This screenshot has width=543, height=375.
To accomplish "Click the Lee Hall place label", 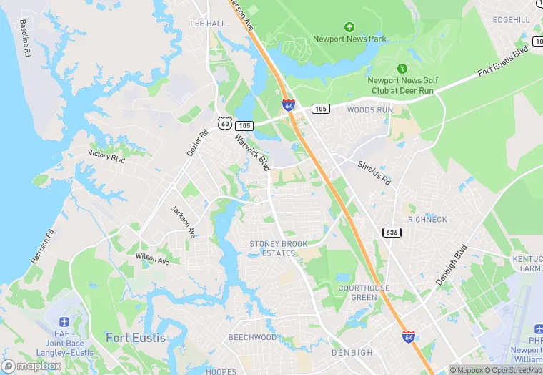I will pos(208,24).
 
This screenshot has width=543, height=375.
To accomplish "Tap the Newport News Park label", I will pos(349,39).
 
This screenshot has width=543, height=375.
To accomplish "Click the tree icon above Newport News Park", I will pos(349,26).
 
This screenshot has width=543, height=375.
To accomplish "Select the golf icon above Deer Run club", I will pos(402,69).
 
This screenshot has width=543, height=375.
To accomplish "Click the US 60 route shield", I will pos(224,124).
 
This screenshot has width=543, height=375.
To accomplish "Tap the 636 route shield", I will pos(391,233).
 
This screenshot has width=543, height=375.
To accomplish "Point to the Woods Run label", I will pos(370,110).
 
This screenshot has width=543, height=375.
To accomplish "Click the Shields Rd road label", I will pos(374,171).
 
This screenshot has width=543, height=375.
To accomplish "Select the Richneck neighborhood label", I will pos(427,219).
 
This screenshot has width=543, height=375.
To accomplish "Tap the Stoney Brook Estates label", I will pos(279,248).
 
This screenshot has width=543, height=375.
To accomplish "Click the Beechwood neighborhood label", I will pos(252,337).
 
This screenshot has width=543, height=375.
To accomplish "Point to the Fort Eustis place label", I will pos(135,337).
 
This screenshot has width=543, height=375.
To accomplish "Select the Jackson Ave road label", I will pos(183,222).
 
